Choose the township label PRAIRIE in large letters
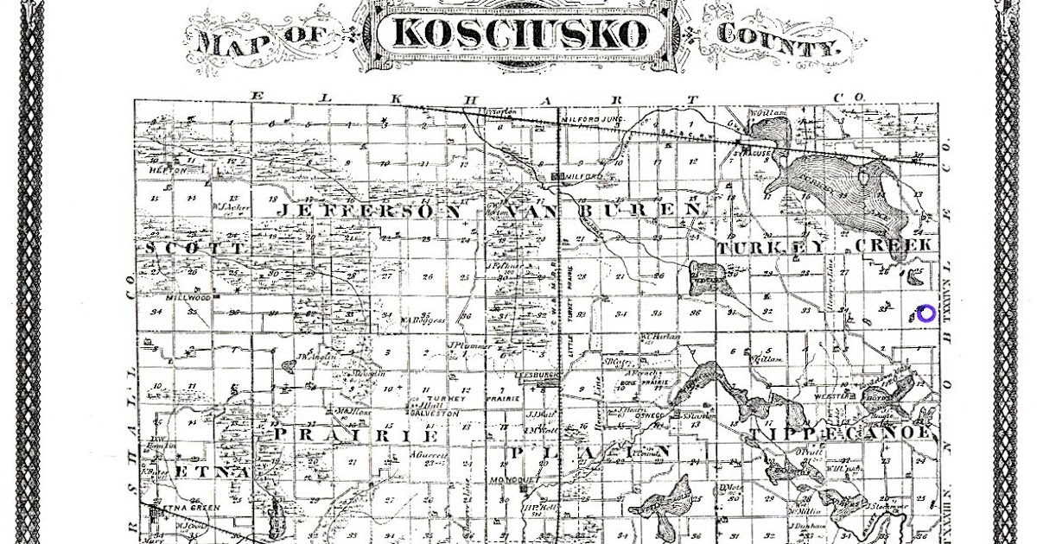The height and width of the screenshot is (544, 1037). pyautogui.click(x=346, y=434)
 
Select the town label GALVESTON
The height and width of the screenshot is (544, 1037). pyautogui.click(x=436, y=414)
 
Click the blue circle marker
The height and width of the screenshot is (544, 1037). pyautogui.click(x=926, y=313)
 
